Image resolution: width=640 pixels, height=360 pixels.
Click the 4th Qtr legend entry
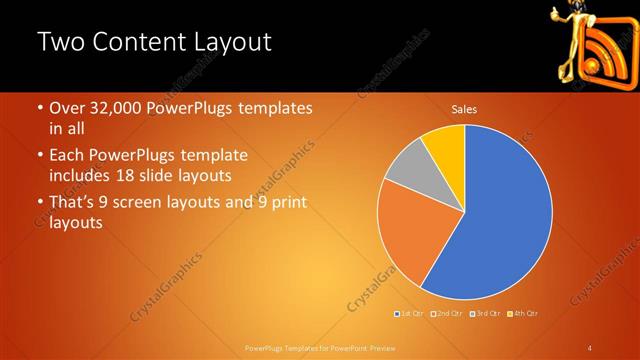point(524,314)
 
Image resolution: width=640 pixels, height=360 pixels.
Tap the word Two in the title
point(59,43)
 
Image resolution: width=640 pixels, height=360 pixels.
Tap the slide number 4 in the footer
point(591,348)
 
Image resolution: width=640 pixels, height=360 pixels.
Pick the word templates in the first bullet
point(275,108)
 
